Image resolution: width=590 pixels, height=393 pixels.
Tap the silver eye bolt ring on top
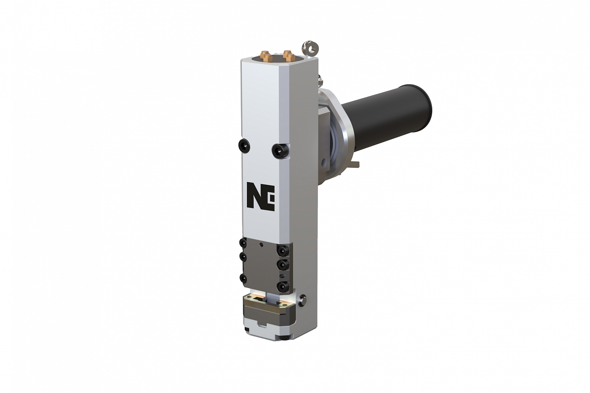click(311, 49)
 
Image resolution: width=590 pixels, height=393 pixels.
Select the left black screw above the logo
click(244, 145)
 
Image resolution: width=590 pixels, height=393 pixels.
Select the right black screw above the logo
click(280, 150)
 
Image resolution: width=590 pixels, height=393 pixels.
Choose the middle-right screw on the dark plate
click(282, 264)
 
